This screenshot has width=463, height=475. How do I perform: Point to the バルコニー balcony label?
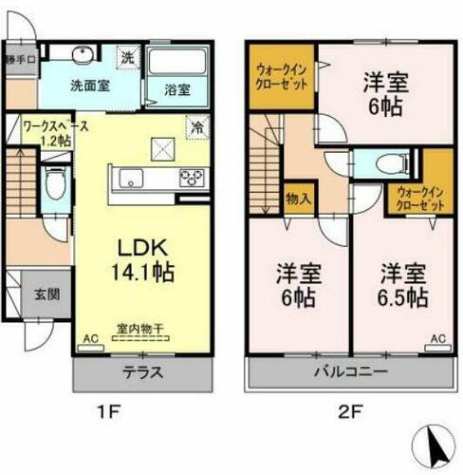(349, 371)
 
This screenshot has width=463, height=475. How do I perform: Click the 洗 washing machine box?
(127, 57)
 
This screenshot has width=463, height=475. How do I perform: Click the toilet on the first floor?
(55, 182)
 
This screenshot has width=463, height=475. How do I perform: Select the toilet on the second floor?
(387, 163)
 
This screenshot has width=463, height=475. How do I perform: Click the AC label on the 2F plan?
(437, 339)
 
